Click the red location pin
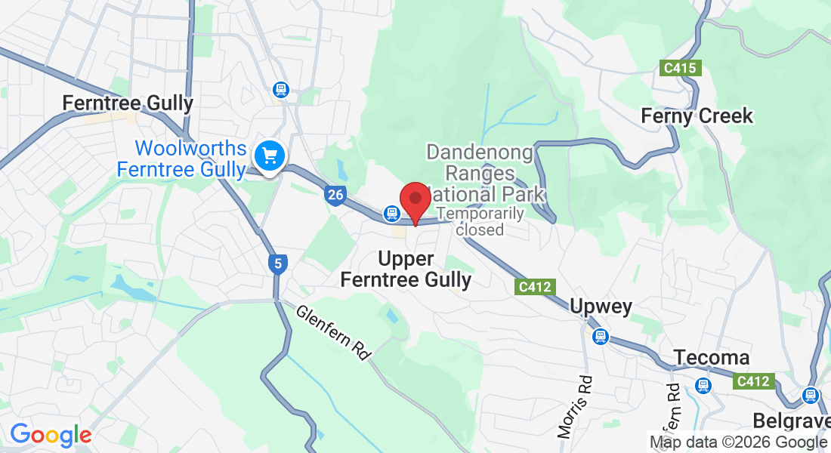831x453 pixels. pyautogui.click(x=415, y=201)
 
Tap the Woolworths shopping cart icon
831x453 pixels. pyautogui.click(x=268, y=156)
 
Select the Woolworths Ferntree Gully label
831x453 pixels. pyautogui.click(x=182, y=159)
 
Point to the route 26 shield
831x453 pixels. pyautogui.click(x=335, y=196)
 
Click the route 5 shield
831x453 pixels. pyautogui.click(x=278, y=264)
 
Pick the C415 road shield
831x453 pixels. pyautogui.click(x=680, y=69)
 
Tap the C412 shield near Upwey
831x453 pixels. pyautogui.click(x=536, y=287)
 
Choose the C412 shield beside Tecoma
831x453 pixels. pyautogui.click(x=753, y=381)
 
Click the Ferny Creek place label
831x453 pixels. pyautogui.click(x=697, y=116)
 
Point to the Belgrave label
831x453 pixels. pyautogui.click(x=791, y=421)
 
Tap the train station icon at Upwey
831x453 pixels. pyautogui.click(x=600, y=336)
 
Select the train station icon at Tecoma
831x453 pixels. pyautogui.click(x=703, y=386)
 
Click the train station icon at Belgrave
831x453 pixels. pyautogui.click(x=811, y=395)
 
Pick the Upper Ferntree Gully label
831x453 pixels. pyautogui.click(x=406, y=270)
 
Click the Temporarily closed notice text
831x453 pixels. pyautogui.click(x=480, y=221)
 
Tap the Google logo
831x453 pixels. pyautogui.click(x=51, y=435)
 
